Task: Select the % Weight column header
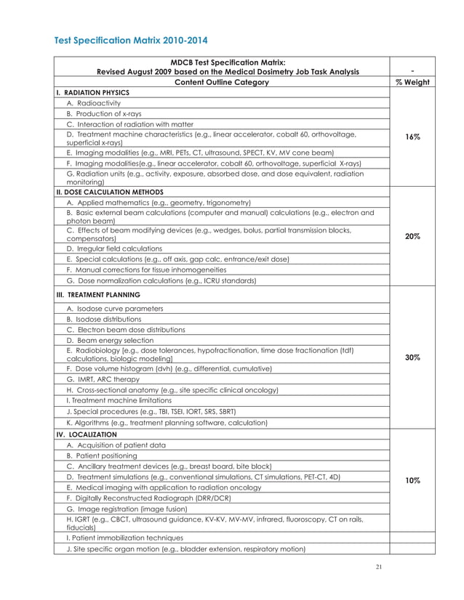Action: point(412,82)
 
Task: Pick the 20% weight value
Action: point(412,236)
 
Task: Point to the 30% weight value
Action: point(412,357)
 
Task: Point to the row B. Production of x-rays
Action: point(104,114)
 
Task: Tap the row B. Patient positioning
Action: point(101,455)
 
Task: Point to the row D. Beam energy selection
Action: point(110,340)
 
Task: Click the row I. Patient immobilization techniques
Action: point(126,538)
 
